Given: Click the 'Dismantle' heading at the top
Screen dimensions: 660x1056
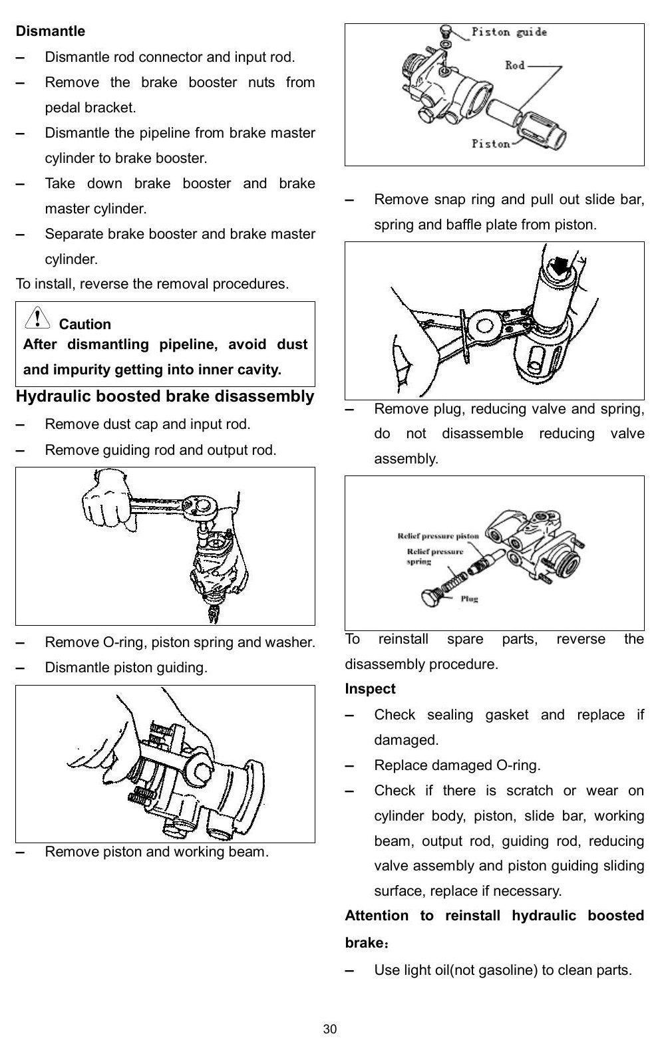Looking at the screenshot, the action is point(51,31).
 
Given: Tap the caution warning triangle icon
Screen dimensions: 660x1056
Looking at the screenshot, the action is point(37,318).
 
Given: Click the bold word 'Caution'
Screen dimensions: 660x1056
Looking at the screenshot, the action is point(85,325).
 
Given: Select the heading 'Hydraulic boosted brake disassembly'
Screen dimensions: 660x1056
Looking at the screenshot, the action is point(165,396).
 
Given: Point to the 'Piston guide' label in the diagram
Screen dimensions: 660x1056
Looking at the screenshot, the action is point(510,33).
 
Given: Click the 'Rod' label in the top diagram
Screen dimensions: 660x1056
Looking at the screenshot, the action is point(515,65).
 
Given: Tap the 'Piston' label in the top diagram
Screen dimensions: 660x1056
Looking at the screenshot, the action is point(491,144).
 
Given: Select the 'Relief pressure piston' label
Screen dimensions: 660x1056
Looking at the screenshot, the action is point(438,536).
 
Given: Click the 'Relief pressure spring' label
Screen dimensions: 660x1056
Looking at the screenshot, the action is point(434,557).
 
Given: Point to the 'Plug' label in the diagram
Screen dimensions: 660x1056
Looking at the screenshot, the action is point(470,598).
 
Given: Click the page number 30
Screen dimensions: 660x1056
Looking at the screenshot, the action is point(330,1029).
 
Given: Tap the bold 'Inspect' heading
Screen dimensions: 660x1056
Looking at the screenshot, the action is point(370,689).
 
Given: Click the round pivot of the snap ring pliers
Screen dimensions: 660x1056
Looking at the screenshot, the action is point(484,326).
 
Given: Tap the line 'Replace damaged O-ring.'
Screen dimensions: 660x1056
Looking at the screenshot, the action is point(457,765).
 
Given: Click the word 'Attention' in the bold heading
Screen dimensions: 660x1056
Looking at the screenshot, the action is point(377,916).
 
